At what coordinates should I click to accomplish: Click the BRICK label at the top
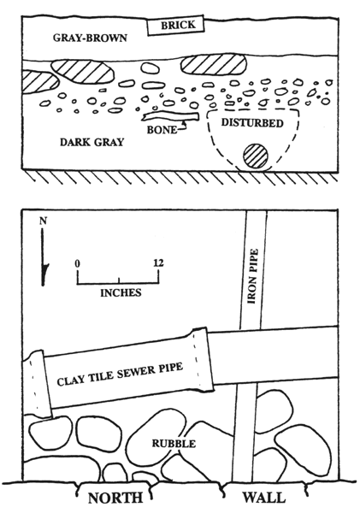[178, 25]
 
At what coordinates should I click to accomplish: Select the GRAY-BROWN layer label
[90, 38]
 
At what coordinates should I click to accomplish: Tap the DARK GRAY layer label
[92, 142]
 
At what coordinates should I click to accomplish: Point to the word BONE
[162, 130]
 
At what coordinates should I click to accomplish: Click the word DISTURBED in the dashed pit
[252, 122]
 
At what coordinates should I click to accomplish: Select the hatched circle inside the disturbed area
[256, 156]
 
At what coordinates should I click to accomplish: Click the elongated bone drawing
[170, 117]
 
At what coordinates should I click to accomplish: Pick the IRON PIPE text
[252, 276]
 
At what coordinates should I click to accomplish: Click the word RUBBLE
[174, 444]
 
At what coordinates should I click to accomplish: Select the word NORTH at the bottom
[115, 498]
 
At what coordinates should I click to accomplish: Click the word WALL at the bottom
[263, 498]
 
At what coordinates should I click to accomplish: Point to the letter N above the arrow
[44, 221]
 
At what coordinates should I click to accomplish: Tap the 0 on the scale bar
[78, 263]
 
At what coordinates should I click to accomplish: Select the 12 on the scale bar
[158, 263]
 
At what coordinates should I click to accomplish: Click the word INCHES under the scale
[121, 292]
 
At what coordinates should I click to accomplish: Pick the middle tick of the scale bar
[119, 280]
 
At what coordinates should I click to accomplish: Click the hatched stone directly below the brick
[214, 64]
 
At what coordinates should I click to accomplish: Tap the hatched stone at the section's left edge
[40, 82]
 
